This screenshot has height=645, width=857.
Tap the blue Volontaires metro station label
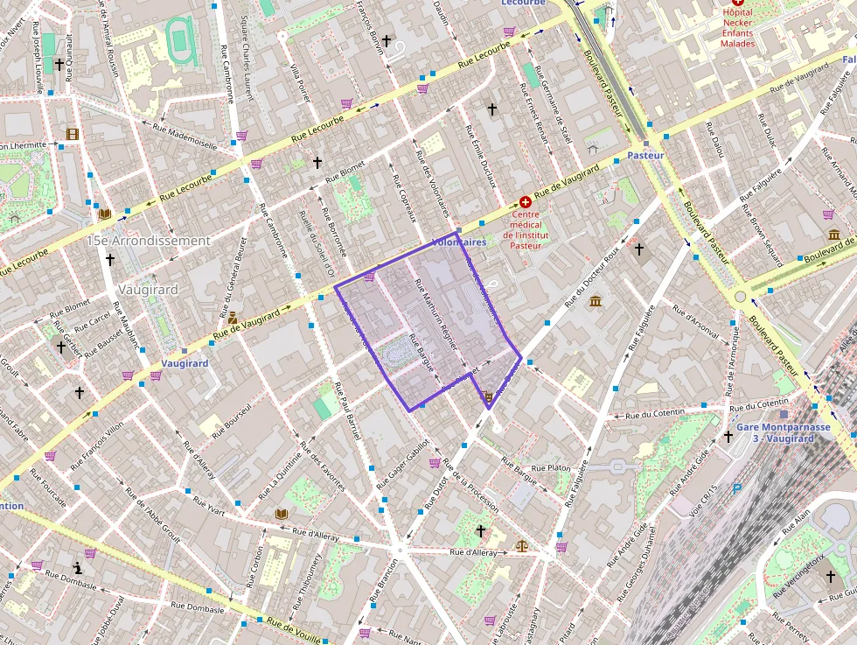click(x=458, y=242)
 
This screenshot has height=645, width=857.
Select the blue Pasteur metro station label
click(x=646, y=155)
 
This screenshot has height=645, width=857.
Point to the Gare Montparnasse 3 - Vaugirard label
click(x=783, y=432)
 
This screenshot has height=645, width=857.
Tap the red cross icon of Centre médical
click(x=526, y=201)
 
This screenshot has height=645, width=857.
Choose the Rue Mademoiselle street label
click(x=185, y=137)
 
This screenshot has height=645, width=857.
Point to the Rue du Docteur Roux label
click(x=592, y=277)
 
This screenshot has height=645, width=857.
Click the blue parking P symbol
click(x=737, y=490)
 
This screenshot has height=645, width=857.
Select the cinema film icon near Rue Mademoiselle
click(x=72, y=134)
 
